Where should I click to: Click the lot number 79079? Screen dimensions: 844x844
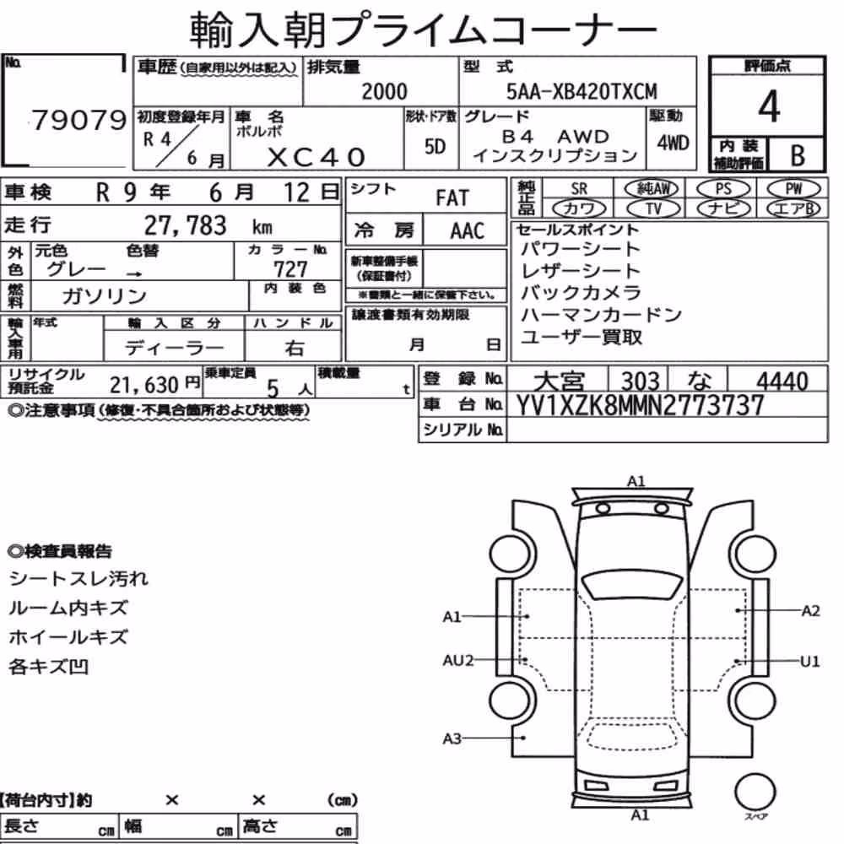pyautogui.click(x=79, y=120)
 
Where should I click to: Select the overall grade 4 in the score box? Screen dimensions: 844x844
pyautogui.click(x=769, y=106)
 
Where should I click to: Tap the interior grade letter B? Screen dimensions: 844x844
pyautogui.click(x=798, y=155)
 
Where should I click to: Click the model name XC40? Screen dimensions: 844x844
pyautogui.click(x=316, y=157)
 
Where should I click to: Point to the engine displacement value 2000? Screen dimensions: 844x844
pyautogui.click(x=384, y=91)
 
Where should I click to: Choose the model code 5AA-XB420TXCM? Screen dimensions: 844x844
pyautogui.click(x=582, y=91)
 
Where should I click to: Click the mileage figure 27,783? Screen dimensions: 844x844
pyautogui.click(x=185, y=225)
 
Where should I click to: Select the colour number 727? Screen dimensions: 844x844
pyautogui.click(x=290, y=268)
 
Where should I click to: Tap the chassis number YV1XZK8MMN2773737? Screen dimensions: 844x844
pyautogui.click(x=640, y=405)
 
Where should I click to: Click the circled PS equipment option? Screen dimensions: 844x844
pyautogui.click(x=723, y=189)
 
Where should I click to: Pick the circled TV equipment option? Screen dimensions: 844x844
pyautogui.click(x=652, y=208)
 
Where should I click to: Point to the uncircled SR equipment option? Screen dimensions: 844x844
pyautogui.click(x=579, y=189)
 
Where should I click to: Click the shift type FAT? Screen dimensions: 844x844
pyautogui.click(x=452, y=197)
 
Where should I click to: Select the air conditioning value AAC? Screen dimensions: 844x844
pyautogui.click(x=468, y=231)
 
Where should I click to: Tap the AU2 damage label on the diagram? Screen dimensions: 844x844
pyautogui.click(x=457, y=660)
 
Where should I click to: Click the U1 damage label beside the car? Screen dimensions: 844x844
pyautogui.click(x=809, y=661)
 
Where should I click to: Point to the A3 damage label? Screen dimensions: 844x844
pyautogui.click(x=452, y=738)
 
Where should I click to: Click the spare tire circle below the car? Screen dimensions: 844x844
pyautogui.click(x=755, y=792)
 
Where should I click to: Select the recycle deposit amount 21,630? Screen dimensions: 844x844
pyautogui.click(x=143, y=385)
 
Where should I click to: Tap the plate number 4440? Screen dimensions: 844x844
pyautogui.click(x=782, y=381)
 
